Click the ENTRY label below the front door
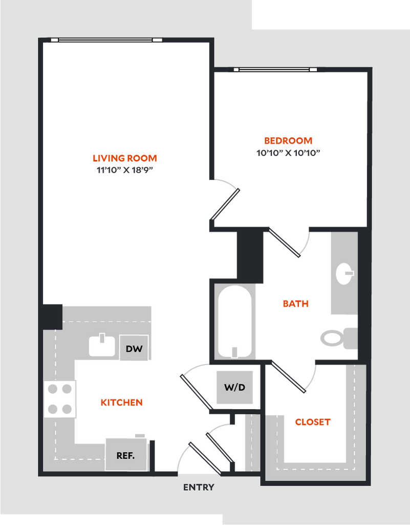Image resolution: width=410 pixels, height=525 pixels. (199, 488)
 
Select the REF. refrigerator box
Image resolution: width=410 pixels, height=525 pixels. (126, 455)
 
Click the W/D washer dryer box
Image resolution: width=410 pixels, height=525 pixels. (234, 387)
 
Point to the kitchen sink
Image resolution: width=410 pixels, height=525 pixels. (102, 346)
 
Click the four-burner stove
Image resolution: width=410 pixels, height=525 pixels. (60, 398)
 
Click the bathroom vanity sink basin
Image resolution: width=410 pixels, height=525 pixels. (344, 273)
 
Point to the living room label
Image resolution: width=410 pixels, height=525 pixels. (124, 157)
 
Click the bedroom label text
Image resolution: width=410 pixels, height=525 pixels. (288, 140)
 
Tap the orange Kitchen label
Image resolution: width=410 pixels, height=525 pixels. (121, 402)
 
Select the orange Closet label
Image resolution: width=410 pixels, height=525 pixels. (313, 422)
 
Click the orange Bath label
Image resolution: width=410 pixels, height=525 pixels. (296, 304)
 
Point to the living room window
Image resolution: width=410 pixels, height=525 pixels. (106, 40)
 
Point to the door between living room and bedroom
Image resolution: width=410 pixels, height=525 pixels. (225, 203)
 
